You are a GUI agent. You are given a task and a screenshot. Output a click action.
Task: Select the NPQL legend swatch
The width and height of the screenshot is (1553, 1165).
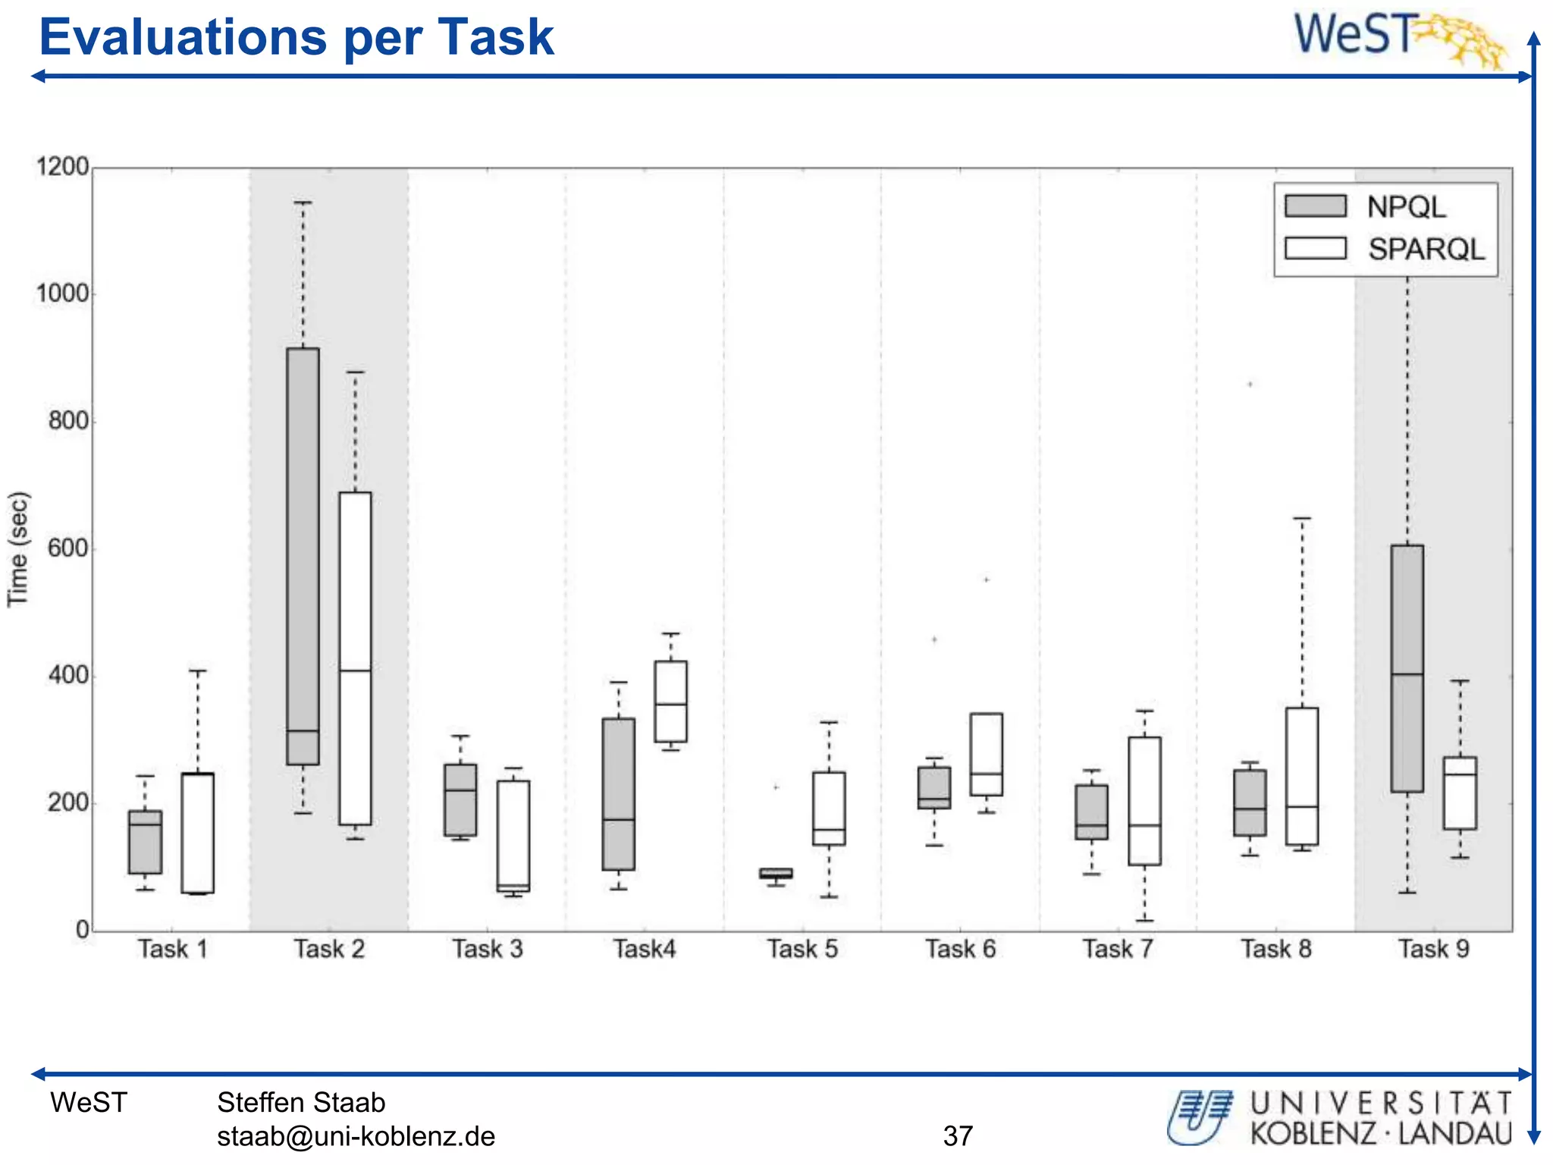coord(1315,206)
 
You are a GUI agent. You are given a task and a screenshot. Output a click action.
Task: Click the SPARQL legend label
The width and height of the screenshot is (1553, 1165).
coord(1426,250)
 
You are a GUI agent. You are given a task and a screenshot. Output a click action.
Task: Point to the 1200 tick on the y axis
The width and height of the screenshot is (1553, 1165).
coord(62,167)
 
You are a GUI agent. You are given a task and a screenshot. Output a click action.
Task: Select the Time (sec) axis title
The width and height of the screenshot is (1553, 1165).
coord(18,549)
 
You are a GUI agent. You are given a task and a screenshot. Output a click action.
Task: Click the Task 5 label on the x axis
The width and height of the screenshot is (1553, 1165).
coord(802,949)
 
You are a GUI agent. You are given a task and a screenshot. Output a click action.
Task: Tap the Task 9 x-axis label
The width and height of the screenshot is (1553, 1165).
coord(1433,949)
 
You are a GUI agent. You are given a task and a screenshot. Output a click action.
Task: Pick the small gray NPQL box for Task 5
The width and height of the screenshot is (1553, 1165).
coord(776,874)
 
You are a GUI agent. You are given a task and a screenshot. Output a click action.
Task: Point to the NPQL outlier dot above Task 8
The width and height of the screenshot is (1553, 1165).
coord(1250,385)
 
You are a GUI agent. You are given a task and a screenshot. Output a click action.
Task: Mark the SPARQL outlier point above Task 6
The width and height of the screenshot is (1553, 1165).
coord(987,579)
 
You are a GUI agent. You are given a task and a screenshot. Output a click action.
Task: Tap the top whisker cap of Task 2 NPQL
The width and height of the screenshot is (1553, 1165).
coord(303,203)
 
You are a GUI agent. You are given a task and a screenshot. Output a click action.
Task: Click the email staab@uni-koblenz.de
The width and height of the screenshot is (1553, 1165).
coord(356,1136)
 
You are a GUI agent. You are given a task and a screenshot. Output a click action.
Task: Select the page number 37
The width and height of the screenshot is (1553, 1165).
coord(958,1136)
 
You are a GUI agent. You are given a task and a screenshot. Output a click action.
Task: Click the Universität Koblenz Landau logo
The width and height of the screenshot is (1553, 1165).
coord(1339,1118)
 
